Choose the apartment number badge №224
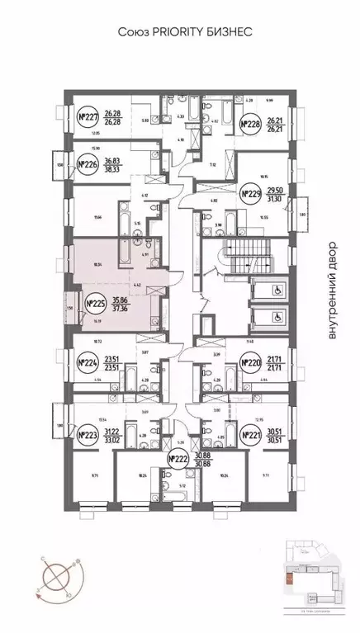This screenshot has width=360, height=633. click(x=87, y=361)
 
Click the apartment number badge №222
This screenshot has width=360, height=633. click(x=178, y=459)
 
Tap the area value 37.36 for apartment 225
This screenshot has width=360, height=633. click(x=120, y=309)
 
